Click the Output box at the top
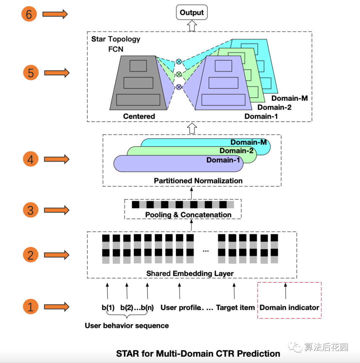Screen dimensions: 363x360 tap(192, 13)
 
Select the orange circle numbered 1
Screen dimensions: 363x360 tap(30, 307)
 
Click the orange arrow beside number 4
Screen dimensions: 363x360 tap(57, 159)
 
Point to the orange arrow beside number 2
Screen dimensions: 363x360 tap(57, 255)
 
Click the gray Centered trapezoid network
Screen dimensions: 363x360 tap(138, 83)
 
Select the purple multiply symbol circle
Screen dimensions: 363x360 tap(179, 87)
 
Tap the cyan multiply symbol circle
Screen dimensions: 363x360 tap(179, 61)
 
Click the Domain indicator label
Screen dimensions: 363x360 tap(289, 308)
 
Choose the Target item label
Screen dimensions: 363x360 tap(235, 308)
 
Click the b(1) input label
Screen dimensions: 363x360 tap(108, 308)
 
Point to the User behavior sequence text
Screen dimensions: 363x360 tap(127, 326)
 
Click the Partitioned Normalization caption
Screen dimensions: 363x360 tap(198, 181)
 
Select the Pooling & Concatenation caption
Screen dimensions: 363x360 tap(188, 215)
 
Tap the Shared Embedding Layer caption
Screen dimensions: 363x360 tap(190, 274)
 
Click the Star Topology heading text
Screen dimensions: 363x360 tap(116, 39)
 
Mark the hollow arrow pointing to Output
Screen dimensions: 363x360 tap(192, 26)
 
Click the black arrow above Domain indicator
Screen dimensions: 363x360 tap(285, 291)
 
